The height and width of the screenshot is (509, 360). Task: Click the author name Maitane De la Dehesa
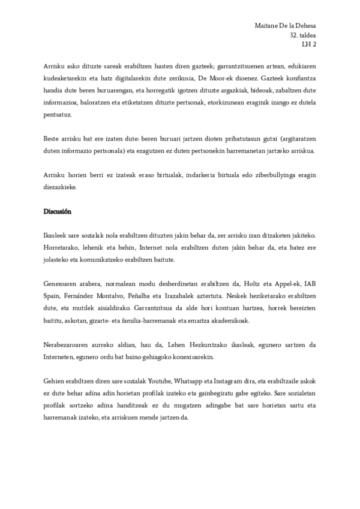tap(286, 26)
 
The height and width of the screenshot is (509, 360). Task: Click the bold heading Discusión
tap(58, 212)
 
